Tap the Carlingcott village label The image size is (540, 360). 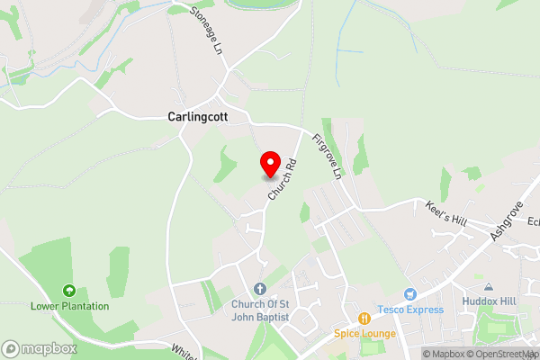[x=198, y=117]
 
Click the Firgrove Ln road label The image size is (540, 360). [x=326, y=155]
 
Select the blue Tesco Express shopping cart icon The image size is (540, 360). [x=410, y=293]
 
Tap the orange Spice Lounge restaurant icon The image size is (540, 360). [x=364, y=318]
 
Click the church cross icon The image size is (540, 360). [x=260, y=288]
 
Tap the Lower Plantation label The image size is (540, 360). [x=69, y=306]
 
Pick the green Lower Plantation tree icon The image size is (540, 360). [x=68, y=290]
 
